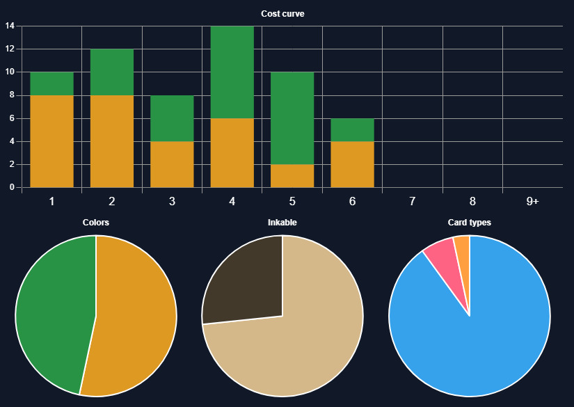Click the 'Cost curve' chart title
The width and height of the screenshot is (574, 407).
pyautogui.click(x=282, y=14)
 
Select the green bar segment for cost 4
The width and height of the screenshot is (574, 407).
pyautogui.click(x=232, y=72)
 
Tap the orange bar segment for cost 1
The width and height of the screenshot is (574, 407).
pyautogui.click(x=51, y=141)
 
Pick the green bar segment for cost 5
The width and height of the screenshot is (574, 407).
pyautogui.click(x=292, y=118)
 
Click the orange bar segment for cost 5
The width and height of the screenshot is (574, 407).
pyautogui.click(x=292, y=176)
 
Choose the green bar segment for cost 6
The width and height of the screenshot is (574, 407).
pyautogui.click(x=352, y=130)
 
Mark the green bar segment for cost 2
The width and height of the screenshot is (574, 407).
pyautogui.click(x=111, y=72)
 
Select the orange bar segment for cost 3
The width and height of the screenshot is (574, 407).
pyautogui.click(x=172, y=164)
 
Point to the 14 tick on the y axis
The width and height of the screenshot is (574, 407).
pyautogui.click(x=10, y=26)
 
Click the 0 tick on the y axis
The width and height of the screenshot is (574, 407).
pyautogui.click(x=11, y=187)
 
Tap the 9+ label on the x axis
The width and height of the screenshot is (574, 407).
pyautogui.click(x=532, y=202)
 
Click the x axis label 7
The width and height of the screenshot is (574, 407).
pyautogui.click(x=413, y=202)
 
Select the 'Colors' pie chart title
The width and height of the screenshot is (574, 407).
pyautogui.click(x=96, y=223)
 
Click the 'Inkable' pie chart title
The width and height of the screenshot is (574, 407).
pyautogui.click(x=282, y=223)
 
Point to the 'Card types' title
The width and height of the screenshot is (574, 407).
pyautogui.click(x=470, y=223)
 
